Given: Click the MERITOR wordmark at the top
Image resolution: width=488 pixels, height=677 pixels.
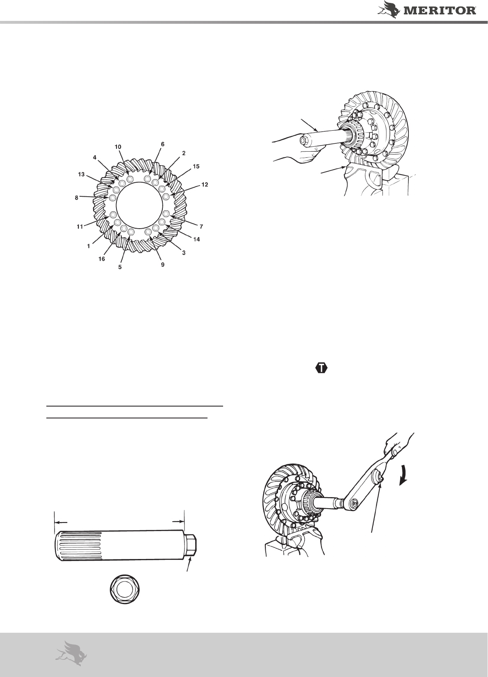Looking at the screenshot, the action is [x=440, y=11].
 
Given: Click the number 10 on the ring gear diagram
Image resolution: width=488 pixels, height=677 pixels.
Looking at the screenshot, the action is [x=118, y=147].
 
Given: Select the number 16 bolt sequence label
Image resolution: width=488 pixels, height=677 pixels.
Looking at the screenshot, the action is [x=102, y=259].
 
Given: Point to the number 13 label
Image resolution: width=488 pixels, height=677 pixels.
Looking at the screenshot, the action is [x=81, y=175].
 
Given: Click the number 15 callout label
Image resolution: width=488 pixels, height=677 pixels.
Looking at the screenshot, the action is [x=196, y=166].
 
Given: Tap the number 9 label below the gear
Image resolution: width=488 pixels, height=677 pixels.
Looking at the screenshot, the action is [x=163, y=265].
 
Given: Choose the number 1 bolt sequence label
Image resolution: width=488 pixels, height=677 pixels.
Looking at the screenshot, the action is [x=89, y=246].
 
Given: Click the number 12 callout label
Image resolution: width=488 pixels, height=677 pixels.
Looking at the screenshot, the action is [x=205, y=185].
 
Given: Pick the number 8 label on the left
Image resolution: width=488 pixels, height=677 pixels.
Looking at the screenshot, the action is [x=77, y=198].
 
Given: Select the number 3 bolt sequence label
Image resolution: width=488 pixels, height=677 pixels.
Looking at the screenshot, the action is [x=184, y=253].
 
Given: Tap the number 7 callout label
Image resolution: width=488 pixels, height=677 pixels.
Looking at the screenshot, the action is [x=201, y=226].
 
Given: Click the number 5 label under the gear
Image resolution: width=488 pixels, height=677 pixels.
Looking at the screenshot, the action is [x=120, y=267].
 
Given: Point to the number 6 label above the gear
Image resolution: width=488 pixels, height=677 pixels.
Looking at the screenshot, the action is [x=163, y=145].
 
